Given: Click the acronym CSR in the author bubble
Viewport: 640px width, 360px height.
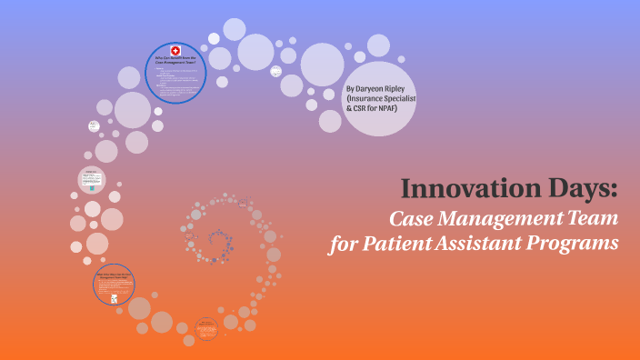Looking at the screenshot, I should pyautogui.click(x=361, y=112).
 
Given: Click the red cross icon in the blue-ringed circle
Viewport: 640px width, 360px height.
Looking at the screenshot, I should pyautogui.click(x=176, y=49).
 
